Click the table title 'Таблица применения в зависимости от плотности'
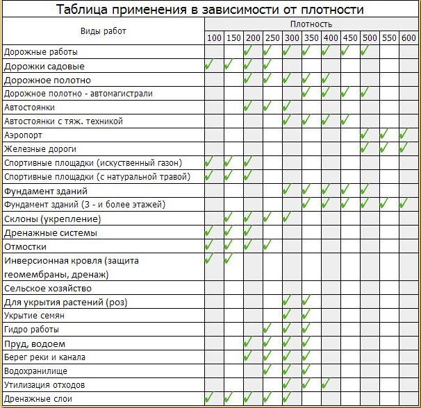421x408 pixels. coord(210,10)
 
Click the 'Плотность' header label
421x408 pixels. coord(311,24)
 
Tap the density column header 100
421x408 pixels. coord(213,37)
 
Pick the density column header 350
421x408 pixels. coord(311,37)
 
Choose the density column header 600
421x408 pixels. coord(408,37)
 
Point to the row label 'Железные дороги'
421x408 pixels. coord(40,149)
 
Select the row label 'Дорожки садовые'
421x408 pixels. coord(44,66)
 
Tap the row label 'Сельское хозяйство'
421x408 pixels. coord(47,288)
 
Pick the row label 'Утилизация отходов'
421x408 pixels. coord(44,384)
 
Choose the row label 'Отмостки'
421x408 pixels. coord(26,246)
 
